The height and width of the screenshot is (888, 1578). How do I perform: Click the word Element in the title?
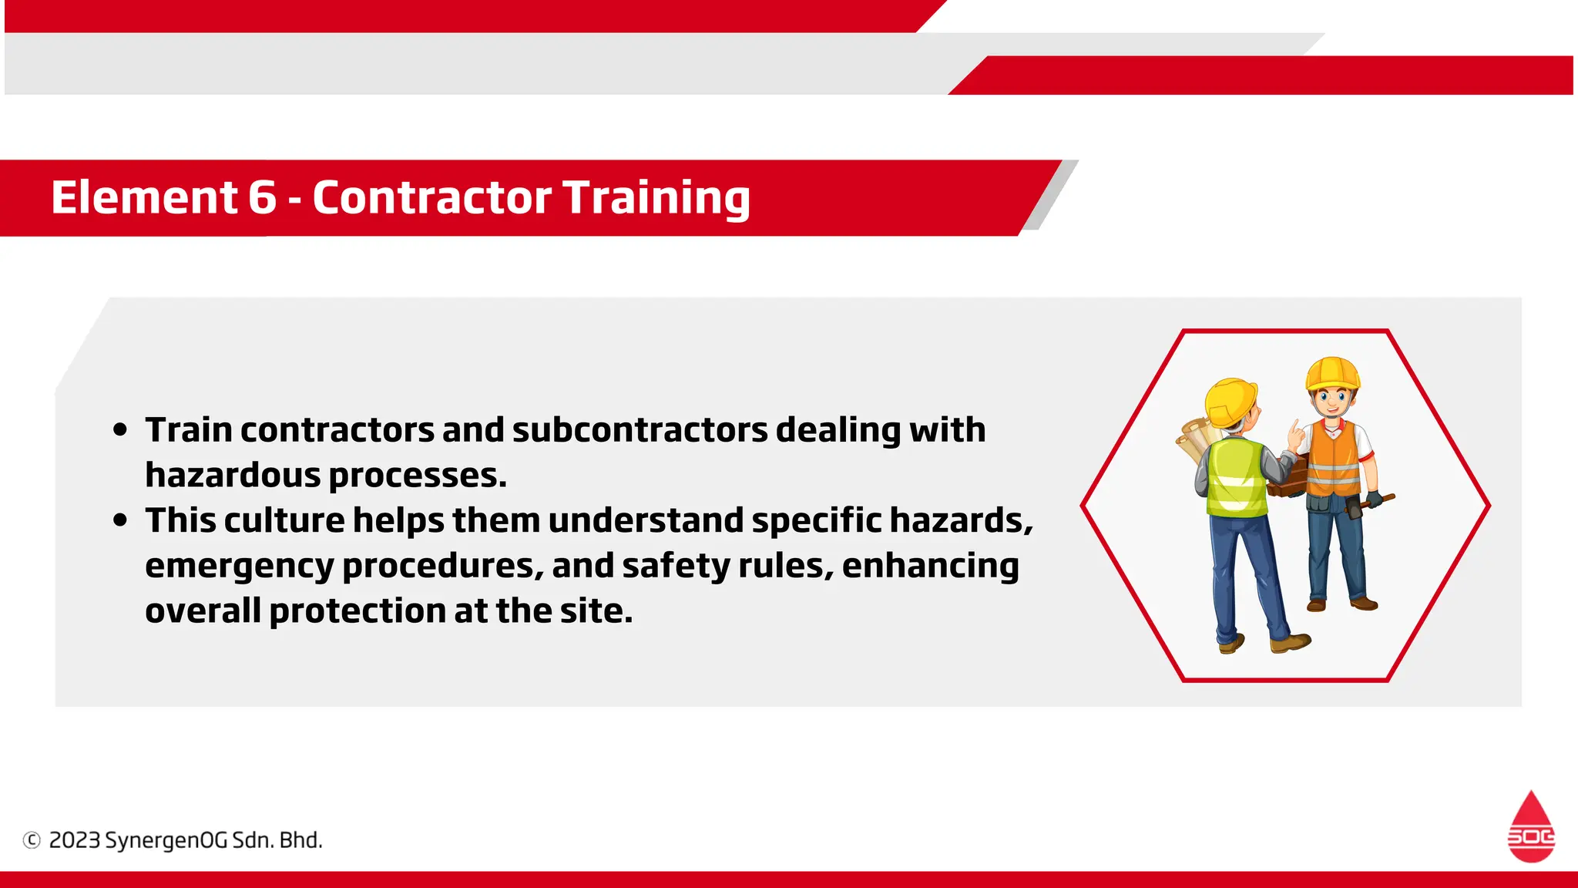tap(144, 197)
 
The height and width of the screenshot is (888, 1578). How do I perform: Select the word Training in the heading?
tap(656, 198)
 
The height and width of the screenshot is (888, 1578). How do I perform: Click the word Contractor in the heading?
tap(431, 197)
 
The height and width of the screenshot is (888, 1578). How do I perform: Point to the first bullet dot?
tap(119, 430)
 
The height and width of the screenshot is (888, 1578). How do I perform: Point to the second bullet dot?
tap(119, 520)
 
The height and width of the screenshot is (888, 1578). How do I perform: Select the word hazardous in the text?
tap(233, 476)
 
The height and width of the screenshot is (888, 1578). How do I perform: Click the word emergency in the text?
tap(239, 567)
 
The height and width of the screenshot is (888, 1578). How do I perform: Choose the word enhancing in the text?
tap(930, 566)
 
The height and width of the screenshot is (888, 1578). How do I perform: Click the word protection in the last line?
tap(358, 611)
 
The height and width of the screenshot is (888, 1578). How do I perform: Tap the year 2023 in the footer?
tap(74, 840)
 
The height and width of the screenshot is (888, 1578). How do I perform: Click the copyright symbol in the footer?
tap(32, 840)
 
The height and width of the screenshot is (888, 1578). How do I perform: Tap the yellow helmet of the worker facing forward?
tap(1332, 374)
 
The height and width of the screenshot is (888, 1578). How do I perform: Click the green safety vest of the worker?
tap(1236, 478)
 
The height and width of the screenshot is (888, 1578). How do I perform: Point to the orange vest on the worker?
tap(1335, 459)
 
